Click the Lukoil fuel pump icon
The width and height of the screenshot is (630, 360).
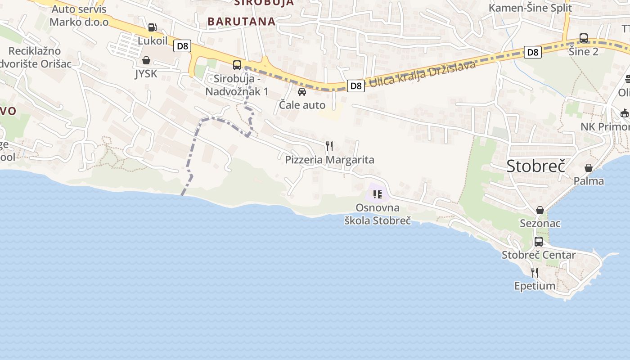pos(153,27)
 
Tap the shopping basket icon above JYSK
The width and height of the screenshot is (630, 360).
pos(146,60)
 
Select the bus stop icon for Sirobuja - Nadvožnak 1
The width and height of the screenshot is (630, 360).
pos(237,65)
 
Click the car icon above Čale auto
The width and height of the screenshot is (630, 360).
pos(302,92)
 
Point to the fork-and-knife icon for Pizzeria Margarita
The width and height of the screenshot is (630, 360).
pos(329,146)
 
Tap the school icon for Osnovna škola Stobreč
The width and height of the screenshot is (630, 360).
pos(378,194)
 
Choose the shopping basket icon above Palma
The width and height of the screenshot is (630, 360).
pos(588,168)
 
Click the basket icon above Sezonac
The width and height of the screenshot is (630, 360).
pos(540,210)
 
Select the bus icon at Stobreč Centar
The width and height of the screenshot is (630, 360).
pos(539,242)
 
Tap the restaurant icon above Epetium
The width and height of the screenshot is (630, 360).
pos(535,272)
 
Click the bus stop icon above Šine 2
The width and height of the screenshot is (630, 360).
pos(584,38)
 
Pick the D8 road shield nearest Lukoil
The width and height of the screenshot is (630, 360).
pos(183,46)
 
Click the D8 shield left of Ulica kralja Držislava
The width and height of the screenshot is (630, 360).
pos(355,85)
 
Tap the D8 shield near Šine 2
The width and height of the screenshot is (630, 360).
pos(532,53)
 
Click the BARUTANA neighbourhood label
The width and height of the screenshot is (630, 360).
pos(241,21)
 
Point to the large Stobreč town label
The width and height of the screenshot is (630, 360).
pos(535,166)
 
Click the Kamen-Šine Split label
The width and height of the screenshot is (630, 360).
pos(530,8)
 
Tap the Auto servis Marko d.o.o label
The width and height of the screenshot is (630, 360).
pos(79,16)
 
